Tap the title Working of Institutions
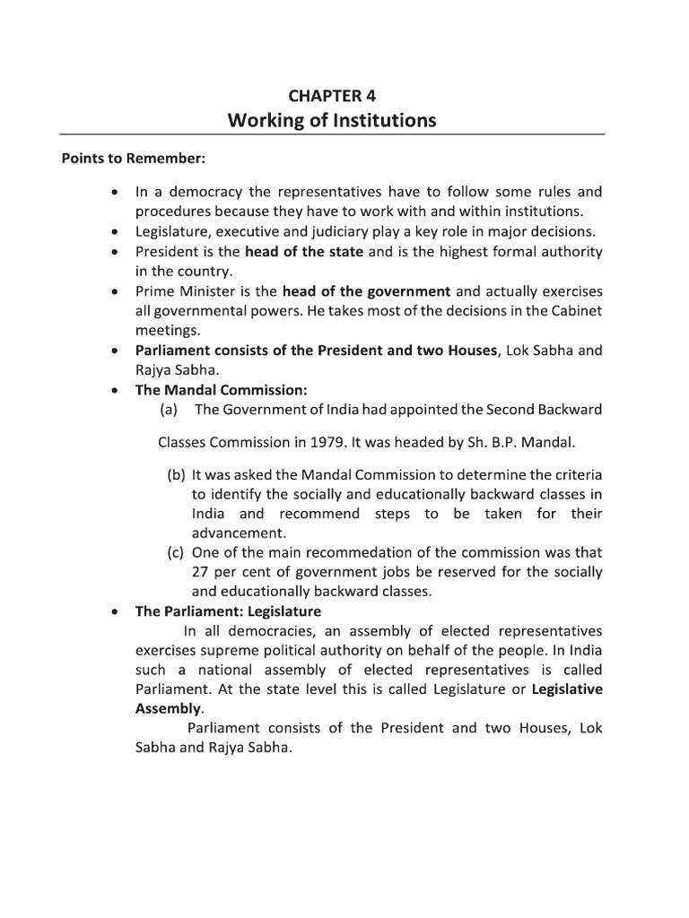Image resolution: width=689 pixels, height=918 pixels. coord(332,119)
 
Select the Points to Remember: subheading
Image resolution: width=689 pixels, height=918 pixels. coord(134,159)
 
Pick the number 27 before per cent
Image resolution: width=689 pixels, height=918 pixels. coord(201,572)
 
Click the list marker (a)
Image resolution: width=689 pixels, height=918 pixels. coord(169,410)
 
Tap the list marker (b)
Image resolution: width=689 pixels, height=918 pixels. coord(176,474)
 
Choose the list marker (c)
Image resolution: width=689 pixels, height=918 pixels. coord(176,552)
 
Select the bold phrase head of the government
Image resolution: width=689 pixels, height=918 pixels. coord(367,290)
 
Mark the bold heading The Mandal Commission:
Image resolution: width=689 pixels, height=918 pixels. coord(208,390)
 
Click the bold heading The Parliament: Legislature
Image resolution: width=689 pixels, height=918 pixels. coord(228,611)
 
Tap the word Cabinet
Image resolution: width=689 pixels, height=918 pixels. coord(579,310)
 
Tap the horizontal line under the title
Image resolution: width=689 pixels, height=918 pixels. coord(332,135)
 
